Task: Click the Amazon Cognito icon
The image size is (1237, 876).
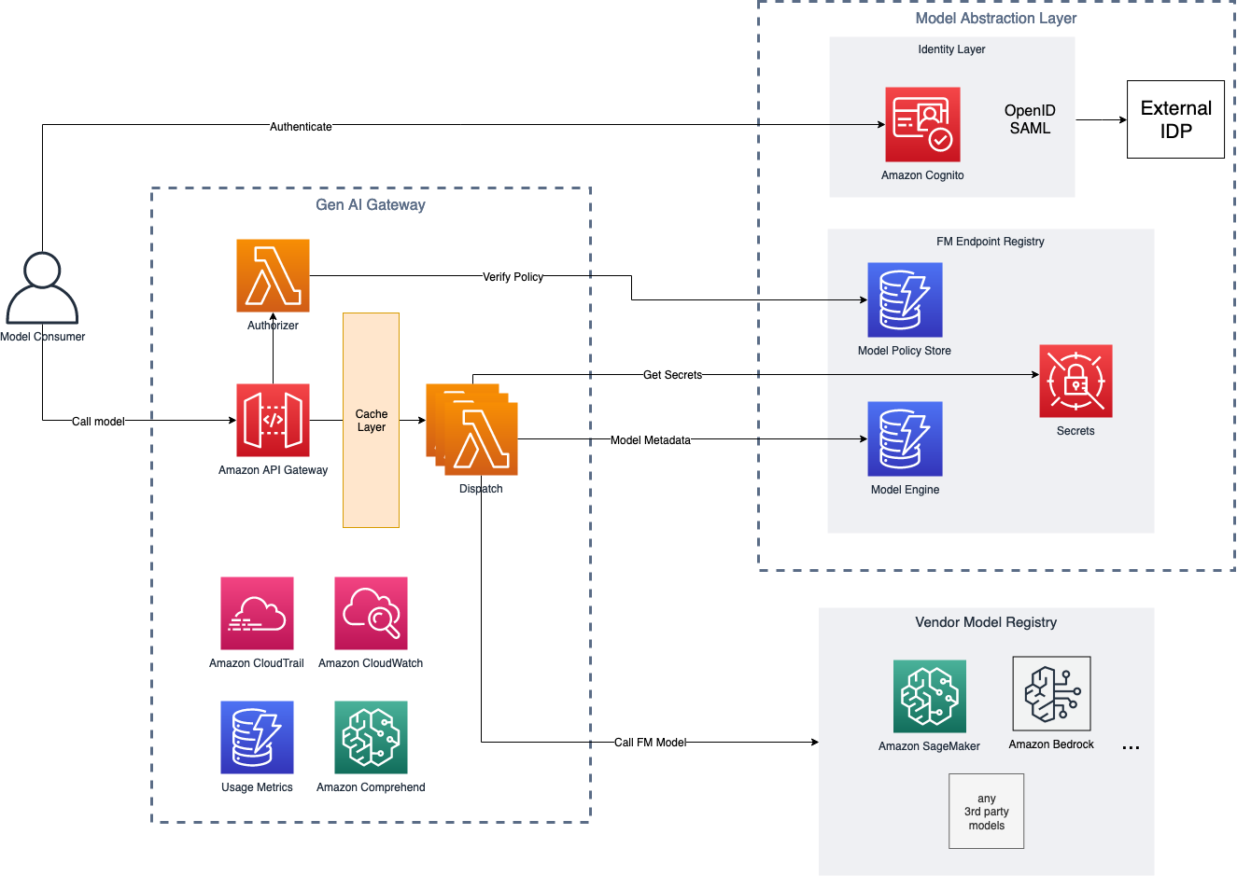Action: [x=922, y=125]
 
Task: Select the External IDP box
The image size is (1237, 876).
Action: [x=1175, y=119]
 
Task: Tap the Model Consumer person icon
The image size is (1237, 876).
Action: [x=42, y=288]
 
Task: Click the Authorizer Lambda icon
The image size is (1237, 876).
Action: [x=273, y=275]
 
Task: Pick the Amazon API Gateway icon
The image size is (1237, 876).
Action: [x=273, y=420]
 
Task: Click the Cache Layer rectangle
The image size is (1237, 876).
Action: [x=371, y=420]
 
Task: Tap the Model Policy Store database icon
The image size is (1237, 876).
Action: [x=905, y=299]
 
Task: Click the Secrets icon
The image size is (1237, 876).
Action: [x=1075, y=381]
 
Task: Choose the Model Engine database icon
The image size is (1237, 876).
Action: [x=905, y=438]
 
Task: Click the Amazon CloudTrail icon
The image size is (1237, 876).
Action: [x=257, y=613]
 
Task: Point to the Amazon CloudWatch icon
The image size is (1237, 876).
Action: [x=371, y=613]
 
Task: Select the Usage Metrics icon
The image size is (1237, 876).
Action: [x=257, y=737]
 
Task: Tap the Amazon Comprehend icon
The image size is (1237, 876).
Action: [x=371, y=737]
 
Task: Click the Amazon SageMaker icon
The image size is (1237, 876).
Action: [x=929, y=696]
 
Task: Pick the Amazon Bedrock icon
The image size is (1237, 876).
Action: [x=1051, y=693]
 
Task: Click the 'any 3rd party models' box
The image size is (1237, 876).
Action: [x=986, y=811]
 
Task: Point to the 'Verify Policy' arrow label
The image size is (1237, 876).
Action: [x=513, y=277]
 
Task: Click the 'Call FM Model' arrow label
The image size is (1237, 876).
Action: [x=650, y=743]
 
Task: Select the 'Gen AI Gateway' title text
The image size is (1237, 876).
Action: [x=371, y=205]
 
